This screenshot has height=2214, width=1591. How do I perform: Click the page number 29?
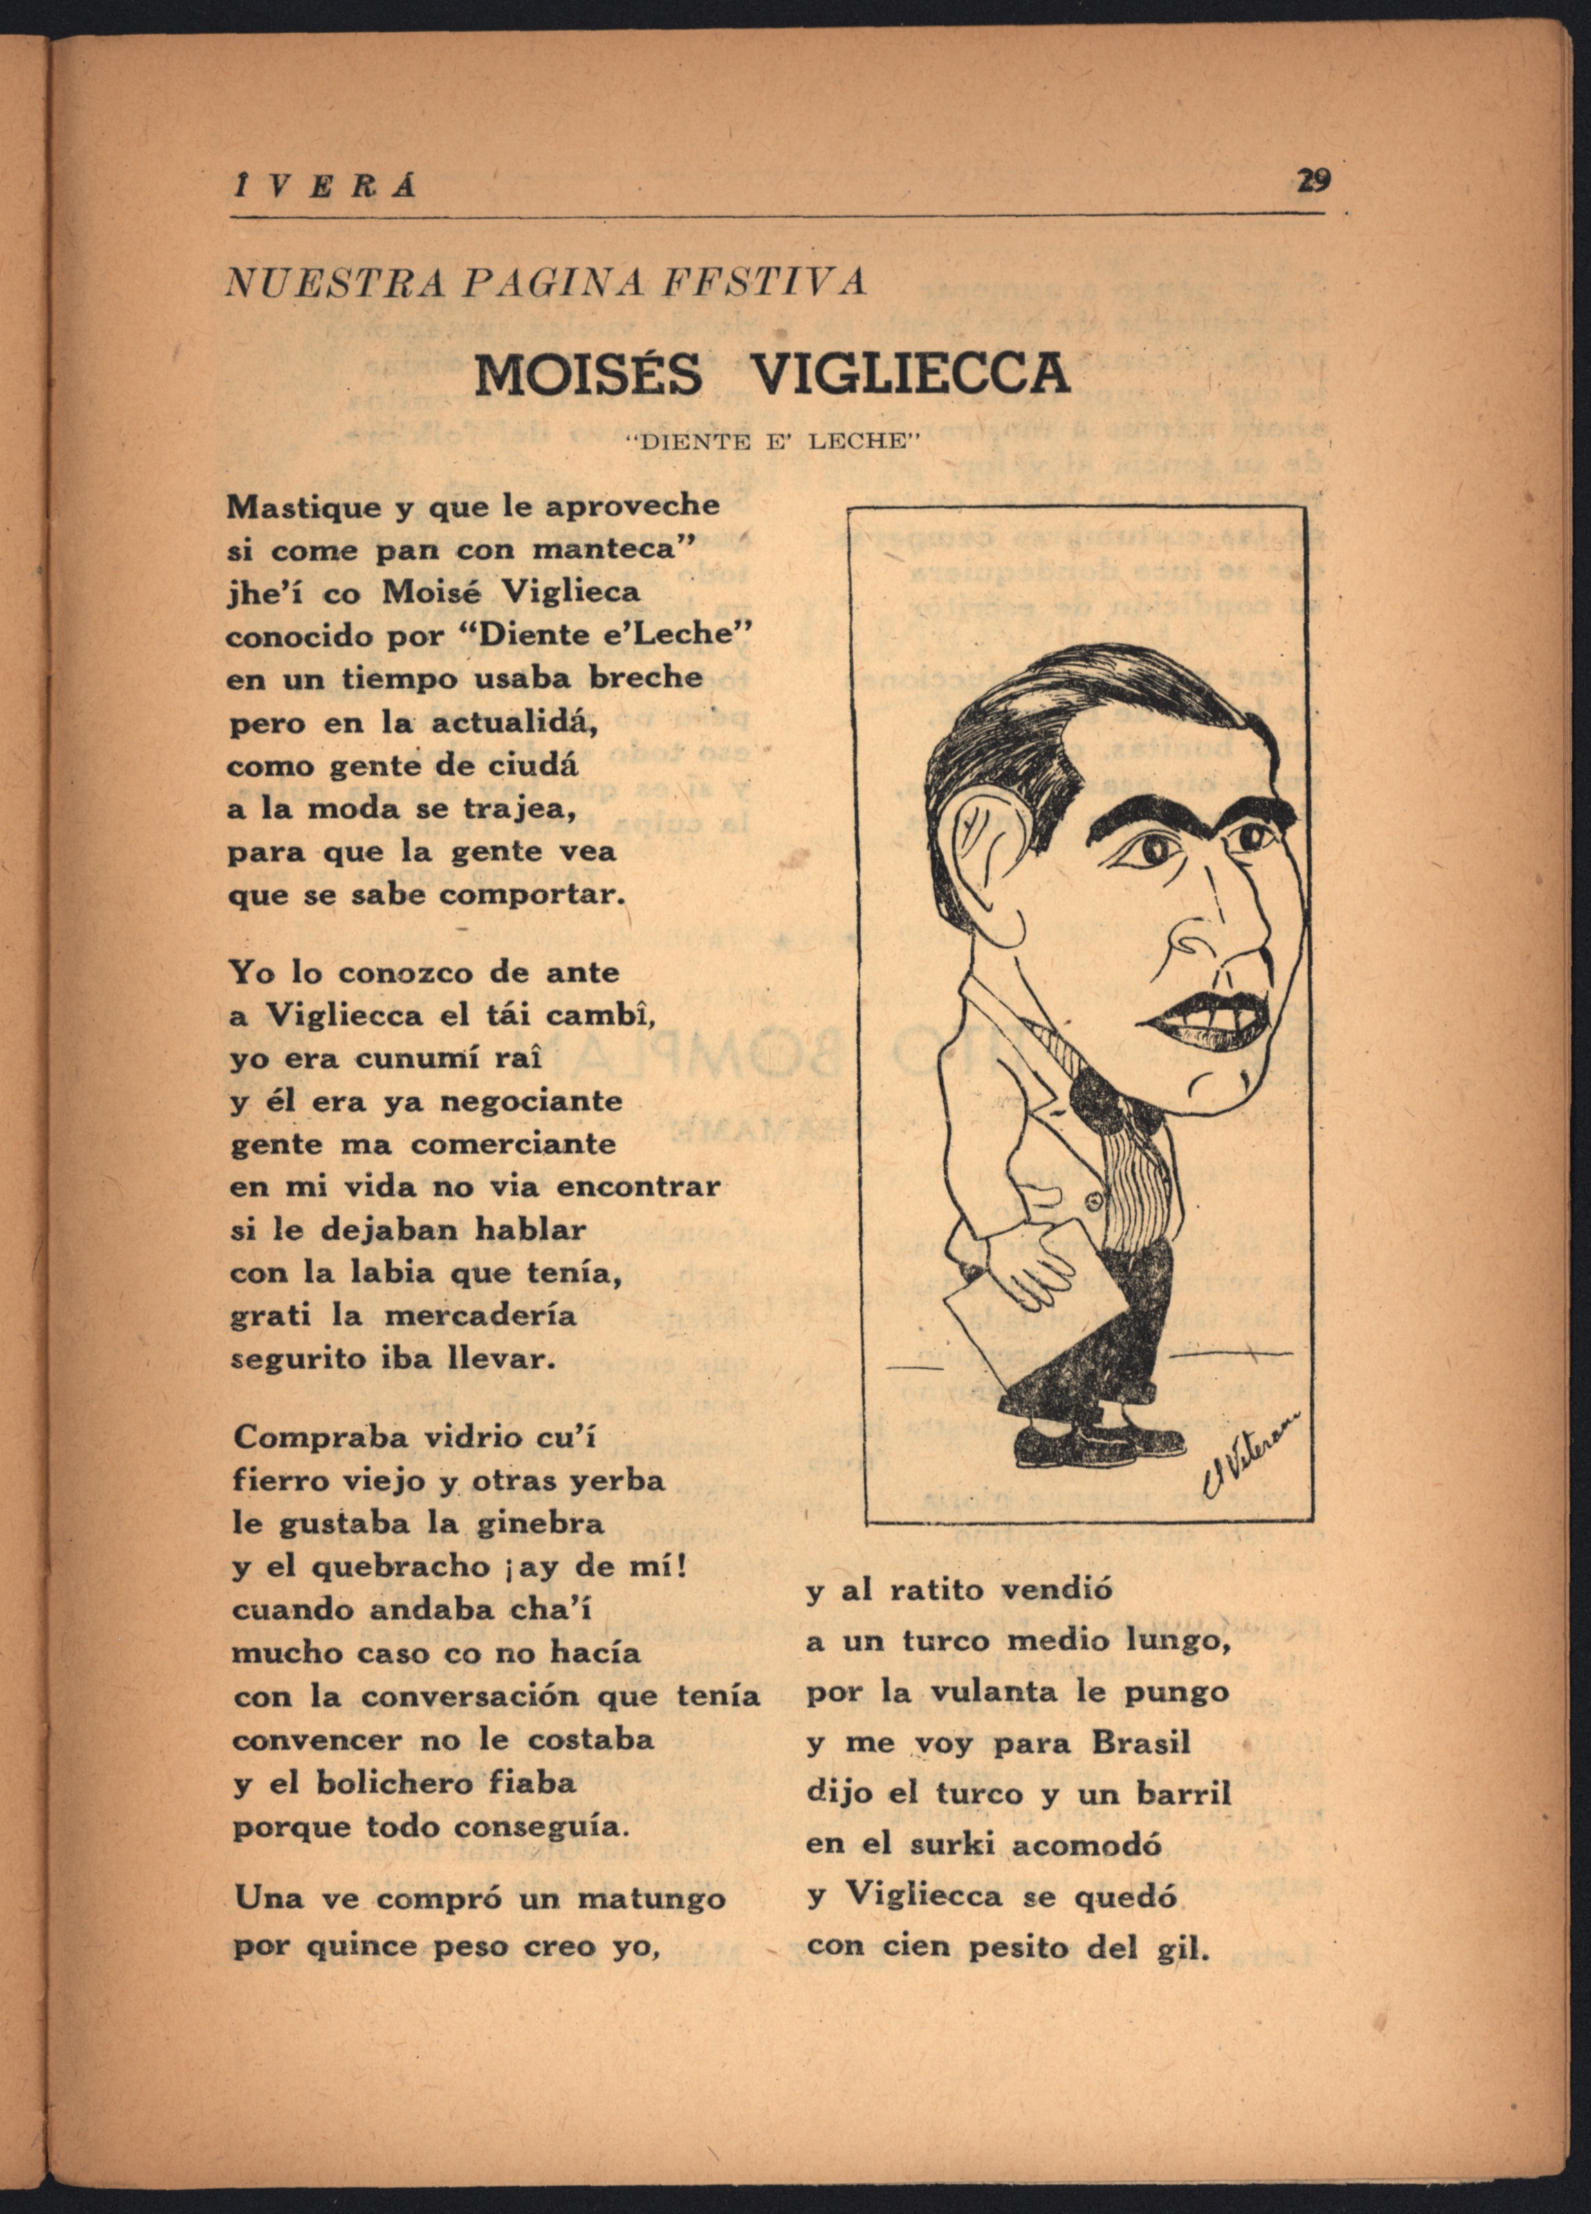[1313, 181]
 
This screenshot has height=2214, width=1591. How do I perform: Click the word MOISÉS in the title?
[587, 373]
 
